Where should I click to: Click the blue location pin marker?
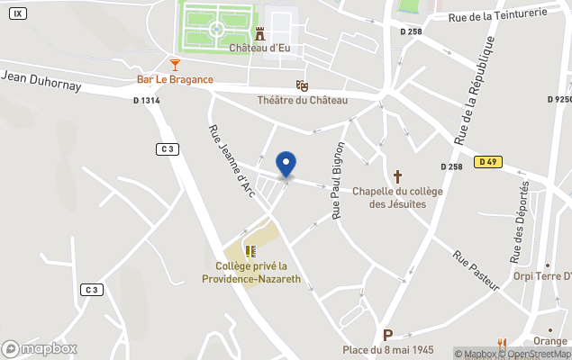tap(286, 164)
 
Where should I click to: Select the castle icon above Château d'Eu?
tap(259, 33)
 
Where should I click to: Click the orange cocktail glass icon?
tap(175, 64)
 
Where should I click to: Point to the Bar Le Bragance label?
tap(175, 79)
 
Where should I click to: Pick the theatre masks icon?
tap(303, 85)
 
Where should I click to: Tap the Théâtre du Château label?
tap(303, 100)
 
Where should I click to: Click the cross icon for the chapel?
tap(397, 175)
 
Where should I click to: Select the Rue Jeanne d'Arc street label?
tap(230, 159)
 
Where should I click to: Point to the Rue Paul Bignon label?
tap(339, 180)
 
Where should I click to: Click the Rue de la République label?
tap(474, 90)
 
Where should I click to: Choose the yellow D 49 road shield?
tap(488, 162)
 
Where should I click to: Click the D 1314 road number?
tap(146, 101)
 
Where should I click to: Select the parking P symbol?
tap(388, 335)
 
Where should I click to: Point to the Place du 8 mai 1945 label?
tap(388, 349)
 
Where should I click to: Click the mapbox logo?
tap(40, 348)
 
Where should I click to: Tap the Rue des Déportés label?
tap(521, 221)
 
